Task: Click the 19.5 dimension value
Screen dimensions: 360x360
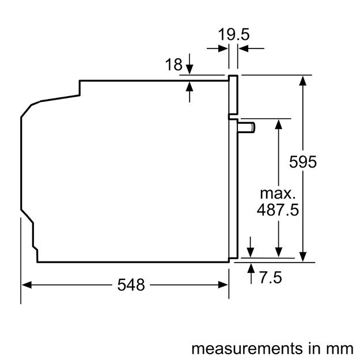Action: coord(233,35)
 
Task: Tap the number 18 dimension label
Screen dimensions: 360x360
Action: coord(173,65)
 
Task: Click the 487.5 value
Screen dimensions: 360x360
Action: coord(278,210)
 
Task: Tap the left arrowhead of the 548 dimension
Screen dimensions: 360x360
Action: coord(26,284)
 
